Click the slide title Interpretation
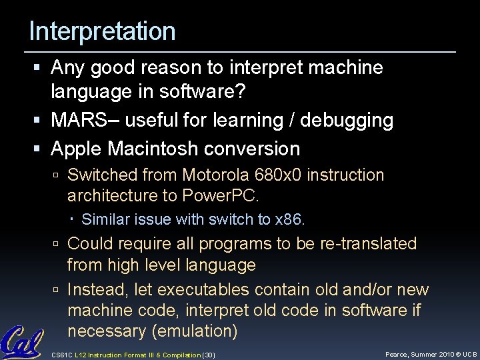point(102,31)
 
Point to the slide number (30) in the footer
point(209,354)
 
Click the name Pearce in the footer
point(399,353)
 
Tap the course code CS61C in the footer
point(62,354)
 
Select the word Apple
point(75,148)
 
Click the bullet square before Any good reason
point(41,68)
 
